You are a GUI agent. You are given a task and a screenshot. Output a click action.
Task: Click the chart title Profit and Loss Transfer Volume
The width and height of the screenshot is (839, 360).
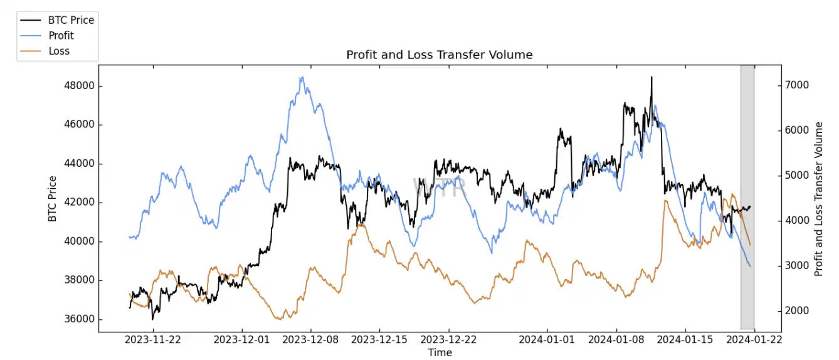click(x=439, y=55)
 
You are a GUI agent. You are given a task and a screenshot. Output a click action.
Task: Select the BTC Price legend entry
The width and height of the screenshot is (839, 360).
click(x=71, y=20)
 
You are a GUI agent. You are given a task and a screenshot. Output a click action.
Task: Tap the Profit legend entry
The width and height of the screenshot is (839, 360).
click(x=61, y=35)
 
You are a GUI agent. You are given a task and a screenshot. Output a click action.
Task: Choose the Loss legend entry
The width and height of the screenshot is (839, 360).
click(x=59, y=51)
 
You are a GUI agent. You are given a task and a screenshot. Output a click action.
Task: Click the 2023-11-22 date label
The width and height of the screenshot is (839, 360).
click(x=153, y=340)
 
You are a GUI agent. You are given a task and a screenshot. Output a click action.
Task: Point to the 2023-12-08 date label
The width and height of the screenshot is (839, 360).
click(x=311, y=340)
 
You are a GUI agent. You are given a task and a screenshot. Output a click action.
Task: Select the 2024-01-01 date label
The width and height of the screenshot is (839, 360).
click(x=547, y=340)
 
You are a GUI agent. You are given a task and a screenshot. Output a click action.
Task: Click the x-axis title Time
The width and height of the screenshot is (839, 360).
click(x=440, y=352)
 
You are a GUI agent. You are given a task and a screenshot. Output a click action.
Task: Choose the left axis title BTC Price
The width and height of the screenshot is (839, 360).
click(x=52, y=199)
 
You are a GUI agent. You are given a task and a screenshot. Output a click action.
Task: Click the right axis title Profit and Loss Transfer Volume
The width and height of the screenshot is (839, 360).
click(x=819, y=199)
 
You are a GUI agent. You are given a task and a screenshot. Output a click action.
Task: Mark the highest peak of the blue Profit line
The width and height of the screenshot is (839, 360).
click(x=302, y=78)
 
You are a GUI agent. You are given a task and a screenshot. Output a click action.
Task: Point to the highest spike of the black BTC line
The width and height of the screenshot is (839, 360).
click(x=651, y=77)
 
